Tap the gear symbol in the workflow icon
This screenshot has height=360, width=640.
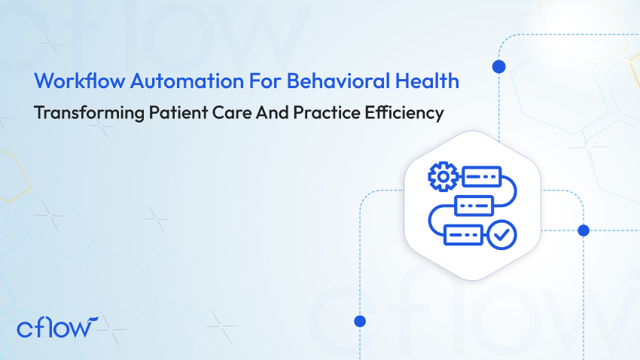pyautogui.click(x=442, y=176)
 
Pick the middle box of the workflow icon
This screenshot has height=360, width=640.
pyautogui.click(x=474, y=205)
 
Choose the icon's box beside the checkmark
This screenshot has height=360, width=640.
pyautogui.click(x=463, y=234)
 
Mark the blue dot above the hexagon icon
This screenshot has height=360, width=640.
pyautogui.click(x=498, y=67)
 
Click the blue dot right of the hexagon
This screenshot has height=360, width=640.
pyautogui.click(x=583, y=230)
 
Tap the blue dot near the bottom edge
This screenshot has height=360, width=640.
pyautogui.click(x=360, y=321)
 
